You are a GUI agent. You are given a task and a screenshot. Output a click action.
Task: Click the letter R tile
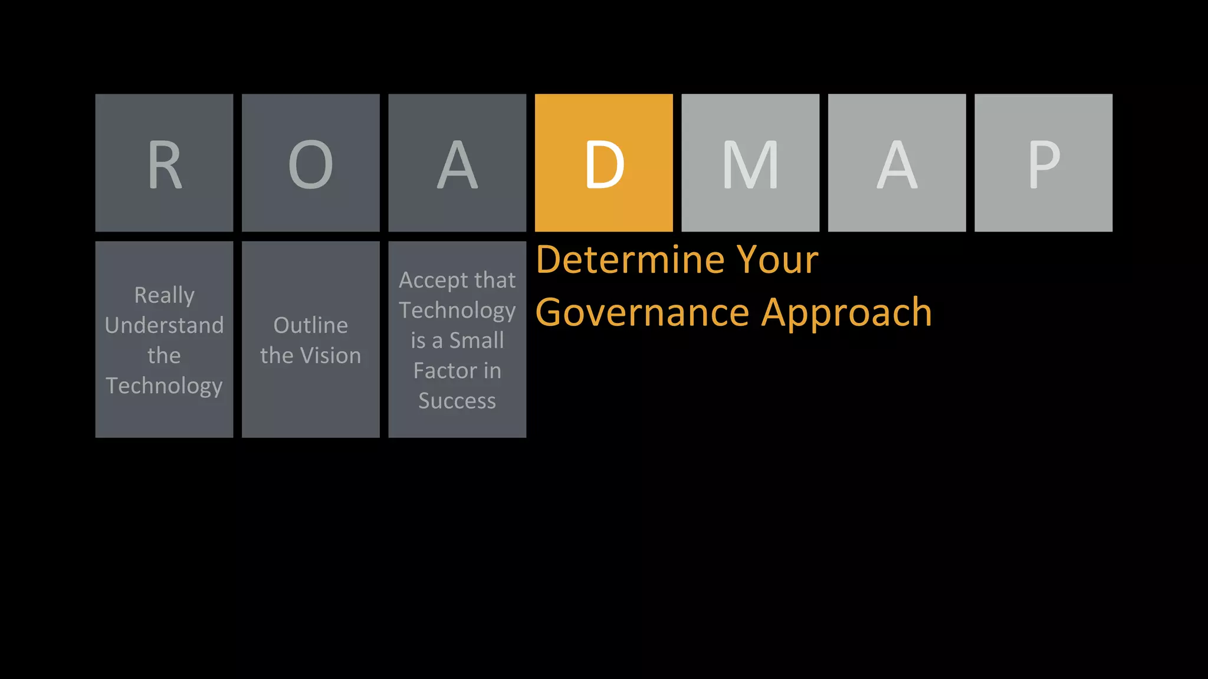click(164, 163)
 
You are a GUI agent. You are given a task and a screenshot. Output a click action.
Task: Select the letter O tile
click(310, 163)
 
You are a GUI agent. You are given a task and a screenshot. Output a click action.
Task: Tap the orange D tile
click(603, 163)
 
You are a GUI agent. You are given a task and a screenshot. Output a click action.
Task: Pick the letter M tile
click(750, 163)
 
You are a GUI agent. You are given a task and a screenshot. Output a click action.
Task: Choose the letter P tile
click(1043, 163)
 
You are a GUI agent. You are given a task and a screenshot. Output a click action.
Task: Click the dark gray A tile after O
click(457, 163)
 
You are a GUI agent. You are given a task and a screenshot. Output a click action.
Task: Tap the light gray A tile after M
click(897, 163)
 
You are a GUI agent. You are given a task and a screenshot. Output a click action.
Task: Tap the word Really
click(164, 295)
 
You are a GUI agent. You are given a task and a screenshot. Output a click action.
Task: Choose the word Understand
click(164, 325)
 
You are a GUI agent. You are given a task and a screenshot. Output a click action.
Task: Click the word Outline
click(310, 325)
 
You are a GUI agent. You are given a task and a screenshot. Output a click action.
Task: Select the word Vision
click(330, 355)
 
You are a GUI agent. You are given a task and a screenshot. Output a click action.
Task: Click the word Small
click(477, 341)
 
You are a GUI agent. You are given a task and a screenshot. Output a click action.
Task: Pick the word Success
click(457, 401)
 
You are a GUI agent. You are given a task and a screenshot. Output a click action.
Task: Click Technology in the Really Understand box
click(164, 386)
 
